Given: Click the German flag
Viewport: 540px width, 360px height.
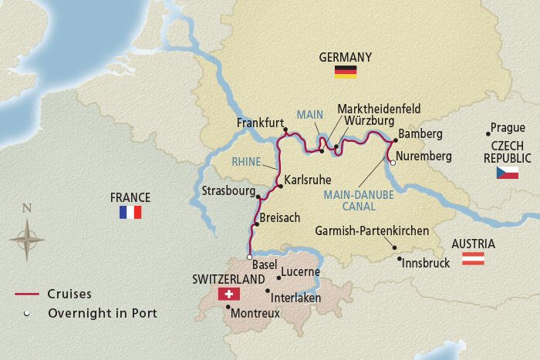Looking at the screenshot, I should tap(345, 72).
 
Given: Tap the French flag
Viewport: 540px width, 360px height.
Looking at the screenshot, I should tap(130, 212).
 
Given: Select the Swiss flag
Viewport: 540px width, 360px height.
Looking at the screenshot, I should tap(229, 294).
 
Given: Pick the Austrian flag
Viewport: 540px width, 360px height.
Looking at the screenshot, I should tap(473, 259).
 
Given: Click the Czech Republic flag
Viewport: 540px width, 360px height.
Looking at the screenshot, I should tap(507, 173).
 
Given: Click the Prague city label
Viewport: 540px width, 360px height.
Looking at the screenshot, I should tap(508, 128).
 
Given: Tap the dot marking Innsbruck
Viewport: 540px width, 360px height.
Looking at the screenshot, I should tap(399, 258).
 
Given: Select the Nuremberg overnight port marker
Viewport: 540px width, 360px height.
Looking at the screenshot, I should tap(392, 163).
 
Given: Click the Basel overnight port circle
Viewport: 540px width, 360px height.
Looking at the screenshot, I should tap(249, 257).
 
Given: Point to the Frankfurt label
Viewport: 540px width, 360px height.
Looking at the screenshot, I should tap(261, 122).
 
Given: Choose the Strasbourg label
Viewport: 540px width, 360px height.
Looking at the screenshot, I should tap(227, 190).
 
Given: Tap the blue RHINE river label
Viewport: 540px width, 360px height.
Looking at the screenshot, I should tap(246, 162).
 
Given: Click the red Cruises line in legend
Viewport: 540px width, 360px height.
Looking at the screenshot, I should tap(26, 294).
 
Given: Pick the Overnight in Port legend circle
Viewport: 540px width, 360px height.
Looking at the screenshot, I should tap(26, 313).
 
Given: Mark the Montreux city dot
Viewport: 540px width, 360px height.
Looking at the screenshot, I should tap(228, 307).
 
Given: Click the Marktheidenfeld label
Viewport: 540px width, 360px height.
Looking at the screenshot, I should tap(379, 109).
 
